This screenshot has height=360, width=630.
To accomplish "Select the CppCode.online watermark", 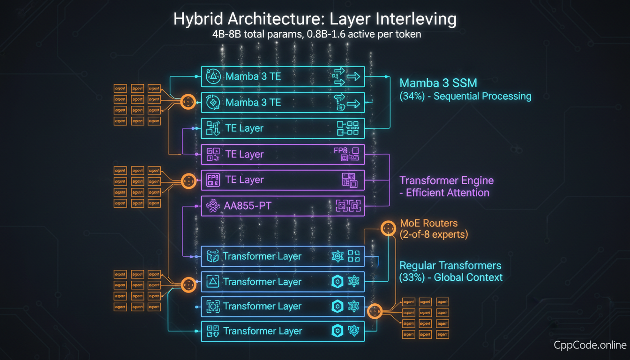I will click(590, 345).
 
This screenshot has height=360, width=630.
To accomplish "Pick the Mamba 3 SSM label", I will click(438, 83).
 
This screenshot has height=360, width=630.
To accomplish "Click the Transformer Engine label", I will click(446, 180).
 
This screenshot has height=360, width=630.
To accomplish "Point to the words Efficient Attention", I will click(447, 193).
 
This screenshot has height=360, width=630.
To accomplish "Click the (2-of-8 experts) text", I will click(433, 234).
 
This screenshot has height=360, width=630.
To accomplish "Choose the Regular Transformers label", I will click(450, 266).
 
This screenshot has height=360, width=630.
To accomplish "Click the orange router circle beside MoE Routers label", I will click(388, 228).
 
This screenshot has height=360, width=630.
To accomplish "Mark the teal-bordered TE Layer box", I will click(283, 128).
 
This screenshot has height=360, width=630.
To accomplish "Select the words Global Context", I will click(468, 277).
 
